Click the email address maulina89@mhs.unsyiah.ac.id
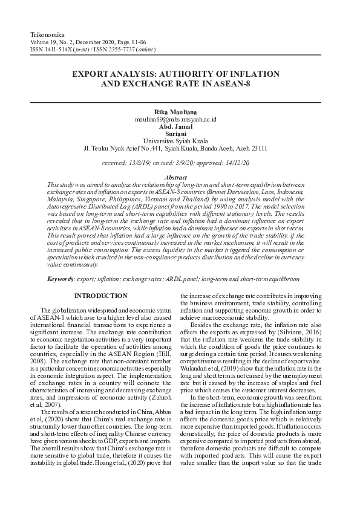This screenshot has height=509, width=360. tap(176, 120)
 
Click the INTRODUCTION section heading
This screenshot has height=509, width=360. tap(100, 296)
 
